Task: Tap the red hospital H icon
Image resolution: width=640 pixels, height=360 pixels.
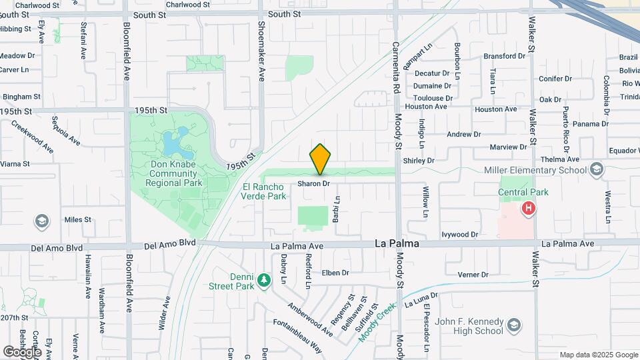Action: (x=529, y=209)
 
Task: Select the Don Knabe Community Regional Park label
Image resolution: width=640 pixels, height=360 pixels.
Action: (x=163, y=173)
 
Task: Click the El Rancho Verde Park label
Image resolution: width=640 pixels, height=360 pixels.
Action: (x=265, y=191)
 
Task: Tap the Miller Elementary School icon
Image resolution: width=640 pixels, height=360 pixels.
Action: (x=596, y=170)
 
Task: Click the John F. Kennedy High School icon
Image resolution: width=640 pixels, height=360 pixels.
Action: (x=514, y=325)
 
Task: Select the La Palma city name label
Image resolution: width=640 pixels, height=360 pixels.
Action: (x=397, y=244)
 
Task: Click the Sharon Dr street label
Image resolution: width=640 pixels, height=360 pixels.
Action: (x=313, y=183)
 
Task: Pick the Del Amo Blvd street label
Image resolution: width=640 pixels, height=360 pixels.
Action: (x=57, y=247)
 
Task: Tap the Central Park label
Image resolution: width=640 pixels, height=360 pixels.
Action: (x=523, y=192)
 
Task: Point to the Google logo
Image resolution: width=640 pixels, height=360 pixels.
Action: (x=22, y=351)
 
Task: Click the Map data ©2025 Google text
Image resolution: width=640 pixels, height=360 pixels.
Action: (x=598, y=355)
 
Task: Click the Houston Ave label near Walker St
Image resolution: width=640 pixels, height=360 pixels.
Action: (x=495, y=109)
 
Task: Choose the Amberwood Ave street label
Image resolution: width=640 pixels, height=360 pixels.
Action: (x=310, y=319)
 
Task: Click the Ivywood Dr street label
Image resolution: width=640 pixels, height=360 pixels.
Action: (x=459, y=235)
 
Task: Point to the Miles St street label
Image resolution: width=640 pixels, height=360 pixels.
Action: (x=77, y=219)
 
